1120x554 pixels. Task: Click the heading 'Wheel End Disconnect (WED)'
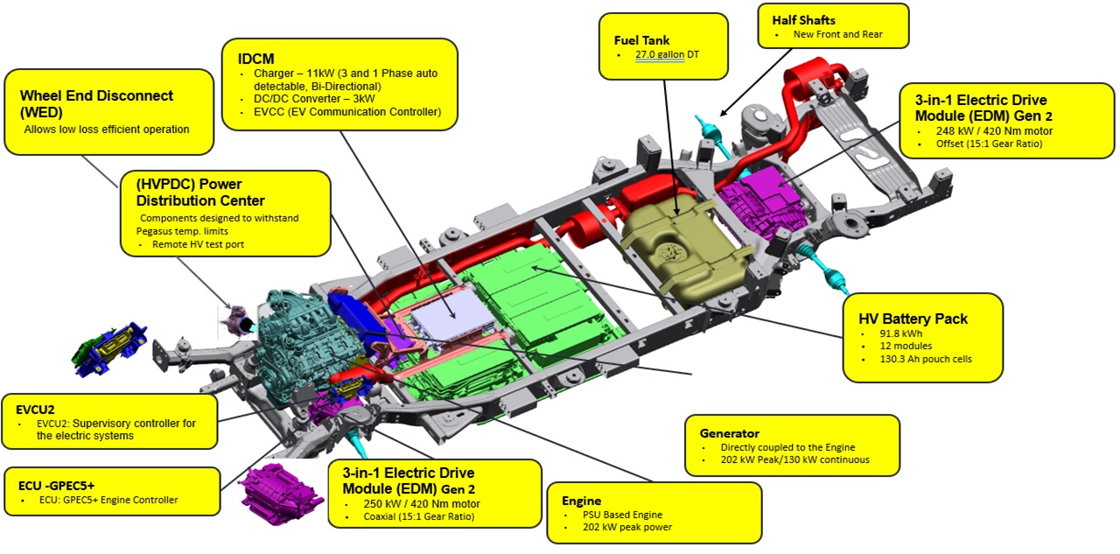coord(97,103)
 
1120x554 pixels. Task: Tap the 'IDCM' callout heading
coord(256,58)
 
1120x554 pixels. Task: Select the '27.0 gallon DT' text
coord(668,55)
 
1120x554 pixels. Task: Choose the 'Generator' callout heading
coord(730,432)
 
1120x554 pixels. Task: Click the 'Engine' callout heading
coord(581,501)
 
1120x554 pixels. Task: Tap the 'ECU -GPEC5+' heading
coord(56,483)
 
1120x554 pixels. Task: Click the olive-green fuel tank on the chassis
coord(687,241)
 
